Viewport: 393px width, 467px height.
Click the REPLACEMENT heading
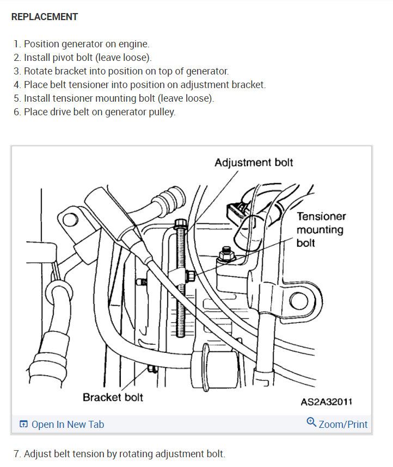[x=45, y=17]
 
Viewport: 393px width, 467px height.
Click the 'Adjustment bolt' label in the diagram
[x=254, y=163]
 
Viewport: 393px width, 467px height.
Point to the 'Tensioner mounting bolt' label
[x=321, y=229]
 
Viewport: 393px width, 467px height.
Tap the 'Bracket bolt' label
[x=113, y=397]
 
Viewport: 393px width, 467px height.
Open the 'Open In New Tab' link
[x=67, y=425]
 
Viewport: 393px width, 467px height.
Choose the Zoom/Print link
[x=343, y=425]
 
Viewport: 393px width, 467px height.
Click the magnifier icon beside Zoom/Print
[x=311, y=422]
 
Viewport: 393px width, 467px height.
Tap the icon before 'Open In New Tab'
[x=23, y=425]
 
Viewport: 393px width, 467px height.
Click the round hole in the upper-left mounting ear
[x=69, y=220]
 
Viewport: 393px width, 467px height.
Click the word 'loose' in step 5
[x=198, y=99]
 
